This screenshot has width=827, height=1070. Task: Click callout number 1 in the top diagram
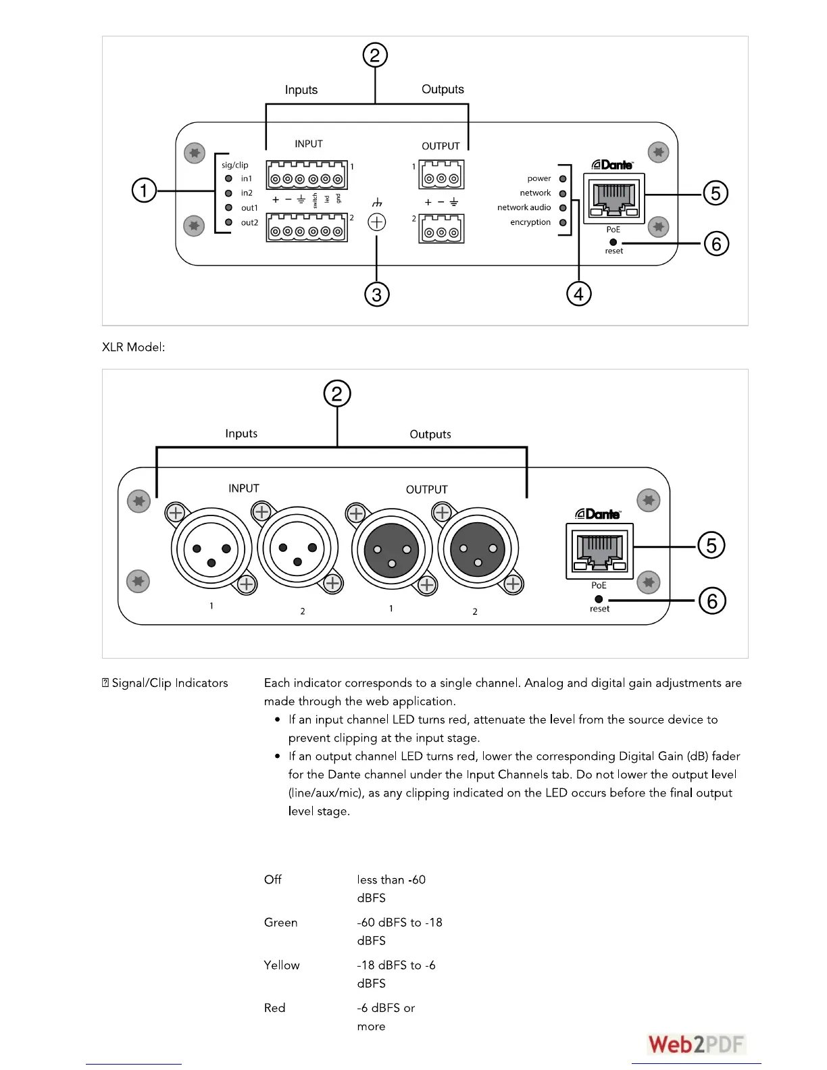[x=143, y=190]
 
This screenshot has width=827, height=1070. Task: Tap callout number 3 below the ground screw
[x=377, y=295]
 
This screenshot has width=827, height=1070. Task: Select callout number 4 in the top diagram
[x=578, y=294]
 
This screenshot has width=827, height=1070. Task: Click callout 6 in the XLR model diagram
[x=712, y=601]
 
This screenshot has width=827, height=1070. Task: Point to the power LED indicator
[x=563, y=179]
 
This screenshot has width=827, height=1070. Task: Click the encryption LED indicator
[x=563, y=222]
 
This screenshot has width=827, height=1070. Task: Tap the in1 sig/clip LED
[x=228, y=179]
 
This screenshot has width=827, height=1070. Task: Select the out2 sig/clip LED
[x=228, y=222]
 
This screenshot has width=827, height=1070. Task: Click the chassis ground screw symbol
[x=377, y=222]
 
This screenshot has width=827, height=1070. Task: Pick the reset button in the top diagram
[x=613, y=242]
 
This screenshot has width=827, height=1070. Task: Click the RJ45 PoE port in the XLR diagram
[x=600, y=551]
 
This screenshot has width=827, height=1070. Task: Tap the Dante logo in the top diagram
[x=612, y=165]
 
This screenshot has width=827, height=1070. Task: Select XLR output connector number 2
[x=478, y=549]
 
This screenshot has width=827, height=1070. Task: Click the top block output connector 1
[x=442, y=176]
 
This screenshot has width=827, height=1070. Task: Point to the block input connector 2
[x=307, y=228]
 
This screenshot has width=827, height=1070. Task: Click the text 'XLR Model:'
[x=134, y=347]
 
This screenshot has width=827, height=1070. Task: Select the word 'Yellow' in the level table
[x=282, y=965]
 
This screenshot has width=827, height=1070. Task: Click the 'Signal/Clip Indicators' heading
[x=170, y=683]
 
